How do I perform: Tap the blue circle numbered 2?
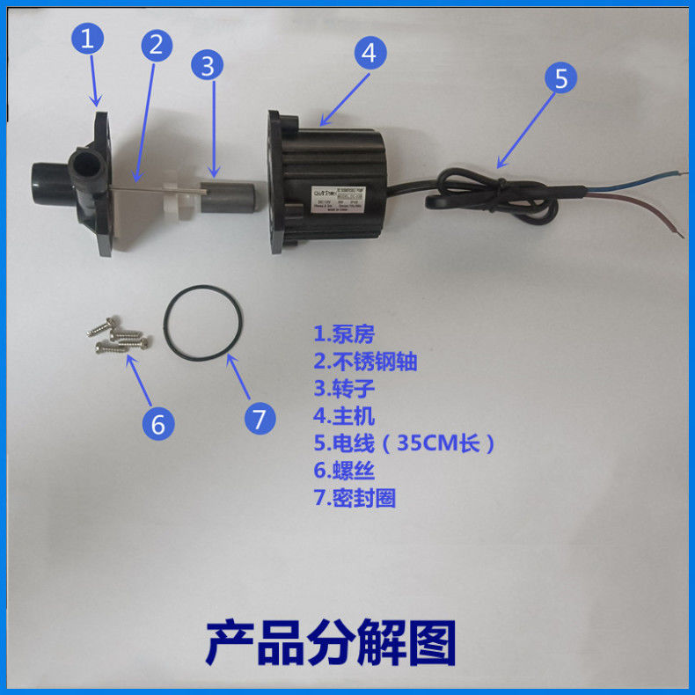(156, 46)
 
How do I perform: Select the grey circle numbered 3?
(208, 65)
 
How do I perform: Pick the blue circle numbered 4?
(370, 53)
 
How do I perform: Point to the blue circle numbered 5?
(560, 77)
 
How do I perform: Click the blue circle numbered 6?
(158, 424)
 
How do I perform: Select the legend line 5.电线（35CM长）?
(404, 443)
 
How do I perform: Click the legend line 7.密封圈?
(355, 498)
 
